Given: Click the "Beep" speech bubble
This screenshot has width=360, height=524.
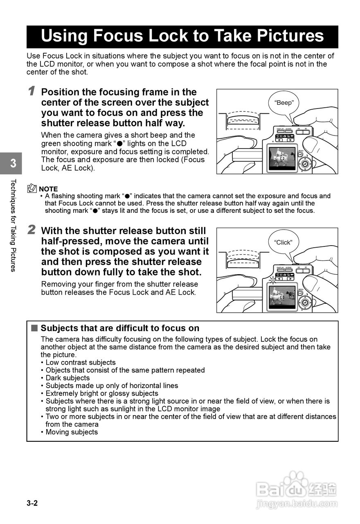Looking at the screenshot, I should coord(283,103).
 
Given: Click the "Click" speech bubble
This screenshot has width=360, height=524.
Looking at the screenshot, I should coord(283,242).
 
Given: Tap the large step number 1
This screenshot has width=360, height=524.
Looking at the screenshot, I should coord(32,91).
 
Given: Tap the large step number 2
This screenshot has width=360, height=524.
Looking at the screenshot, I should coord(32,230).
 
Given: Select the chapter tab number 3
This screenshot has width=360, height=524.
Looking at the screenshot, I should coord(13,163).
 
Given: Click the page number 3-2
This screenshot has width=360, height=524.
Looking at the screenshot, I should coord(32,504).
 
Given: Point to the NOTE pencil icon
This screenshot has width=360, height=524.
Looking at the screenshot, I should coord(32,189).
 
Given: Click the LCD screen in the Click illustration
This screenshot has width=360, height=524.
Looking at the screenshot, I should coord(282,298).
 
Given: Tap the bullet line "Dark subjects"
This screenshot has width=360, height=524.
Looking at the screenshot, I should coord(67,378).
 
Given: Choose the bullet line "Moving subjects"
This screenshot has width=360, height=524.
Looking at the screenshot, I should coord(72,432).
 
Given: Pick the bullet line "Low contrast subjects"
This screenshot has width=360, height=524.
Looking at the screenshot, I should coord(81,362).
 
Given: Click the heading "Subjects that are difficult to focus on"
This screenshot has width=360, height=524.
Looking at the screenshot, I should coord(120,328).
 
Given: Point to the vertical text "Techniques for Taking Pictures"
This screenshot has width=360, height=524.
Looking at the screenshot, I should coord(13,225).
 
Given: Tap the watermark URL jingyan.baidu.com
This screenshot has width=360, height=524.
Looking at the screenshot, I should coord(297,504).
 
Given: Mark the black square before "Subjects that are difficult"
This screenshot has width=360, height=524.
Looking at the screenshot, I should coord(34,328).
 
